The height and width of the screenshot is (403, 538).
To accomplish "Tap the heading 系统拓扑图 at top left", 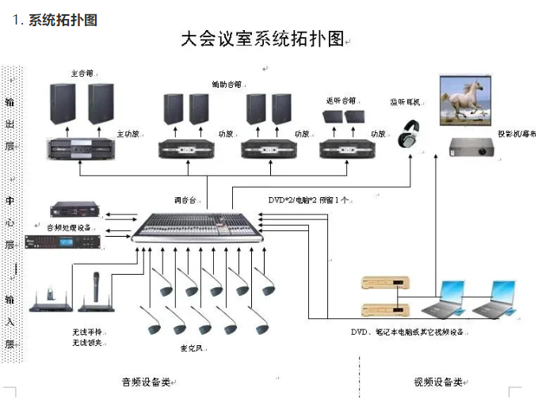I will (63, 21).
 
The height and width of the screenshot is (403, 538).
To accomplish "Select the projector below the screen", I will (472, 146).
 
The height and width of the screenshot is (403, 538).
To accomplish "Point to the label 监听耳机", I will (406, 102).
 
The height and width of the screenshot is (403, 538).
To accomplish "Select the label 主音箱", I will (82, 74).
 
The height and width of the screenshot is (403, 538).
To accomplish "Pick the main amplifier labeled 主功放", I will (81, 148).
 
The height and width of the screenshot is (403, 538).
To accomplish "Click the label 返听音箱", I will (341, 101).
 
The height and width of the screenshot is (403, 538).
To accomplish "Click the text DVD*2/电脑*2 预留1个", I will (309, 200).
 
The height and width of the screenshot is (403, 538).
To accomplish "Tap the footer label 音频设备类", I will (146, 382).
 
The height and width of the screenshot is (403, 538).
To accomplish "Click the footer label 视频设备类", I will (438, 382).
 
